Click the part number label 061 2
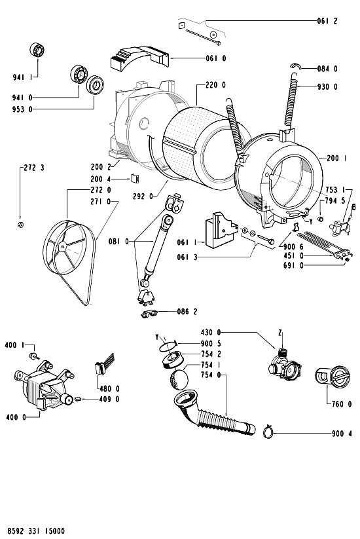327,21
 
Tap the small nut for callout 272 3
20,225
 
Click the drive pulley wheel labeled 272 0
65,246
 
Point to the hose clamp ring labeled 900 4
268,432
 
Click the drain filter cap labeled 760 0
332,377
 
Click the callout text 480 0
109,389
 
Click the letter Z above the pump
280,333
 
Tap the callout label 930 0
327,86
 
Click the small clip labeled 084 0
295,65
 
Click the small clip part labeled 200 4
134,178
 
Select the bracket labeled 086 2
149,313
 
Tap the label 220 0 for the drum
215,85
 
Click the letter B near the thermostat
353,207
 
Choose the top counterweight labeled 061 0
139,57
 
